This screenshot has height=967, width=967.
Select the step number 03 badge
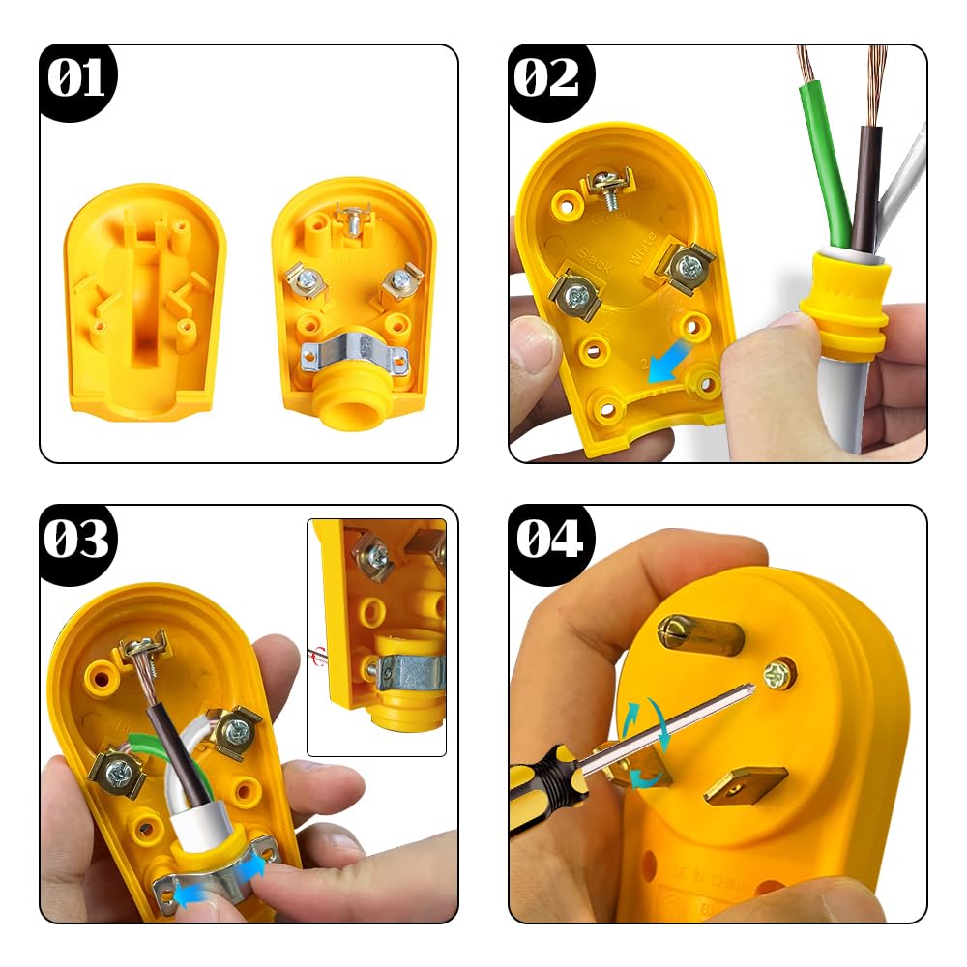pos(77,542)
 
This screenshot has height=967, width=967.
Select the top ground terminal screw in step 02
pos(609,190)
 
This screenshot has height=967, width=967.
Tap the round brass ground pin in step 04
pos(700,634)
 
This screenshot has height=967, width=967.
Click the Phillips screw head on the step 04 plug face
pos(779,674)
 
